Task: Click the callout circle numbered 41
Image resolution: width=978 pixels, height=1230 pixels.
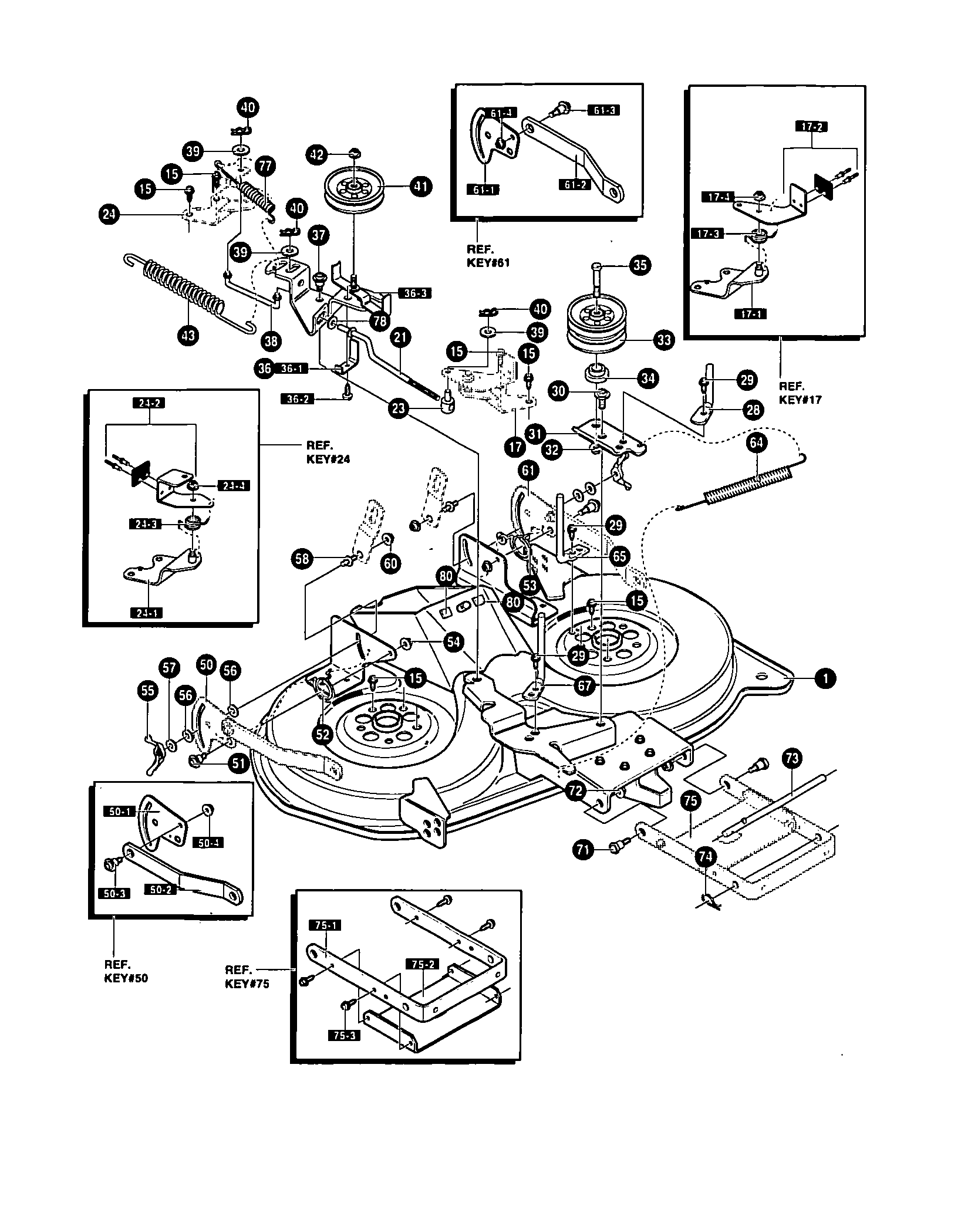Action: point(421,187)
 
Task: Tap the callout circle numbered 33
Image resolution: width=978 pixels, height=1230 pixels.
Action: point(663,339)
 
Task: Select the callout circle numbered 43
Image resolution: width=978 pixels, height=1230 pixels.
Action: point(188,335)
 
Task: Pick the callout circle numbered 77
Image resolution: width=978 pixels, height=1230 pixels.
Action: point(265,166)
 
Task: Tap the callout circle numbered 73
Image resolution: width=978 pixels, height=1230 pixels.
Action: point(791,759)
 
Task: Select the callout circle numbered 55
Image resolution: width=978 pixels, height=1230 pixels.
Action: point(147,690)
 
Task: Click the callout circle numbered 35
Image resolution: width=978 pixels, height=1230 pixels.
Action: point(639,265)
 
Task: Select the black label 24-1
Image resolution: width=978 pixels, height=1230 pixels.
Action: point(146,613)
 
